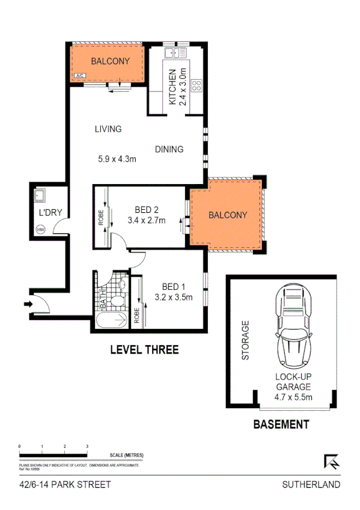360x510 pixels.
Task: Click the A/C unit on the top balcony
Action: coord(80,76)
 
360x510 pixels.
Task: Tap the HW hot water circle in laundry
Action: coord(41,229)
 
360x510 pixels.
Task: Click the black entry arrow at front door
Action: coord(27,305)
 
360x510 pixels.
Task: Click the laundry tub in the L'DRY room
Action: coord(41,196)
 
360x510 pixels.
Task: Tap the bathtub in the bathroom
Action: coord(111,320)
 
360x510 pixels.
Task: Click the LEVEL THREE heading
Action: coord(144,349)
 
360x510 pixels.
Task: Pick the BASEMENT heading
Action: coord(281,424)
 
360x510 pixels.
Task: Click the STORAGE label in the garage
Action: coord(245,340)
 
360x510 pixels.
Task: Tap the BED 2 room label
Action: coord(146,210)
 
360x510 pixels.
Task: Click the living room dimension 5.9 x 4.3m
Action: coord(118,159)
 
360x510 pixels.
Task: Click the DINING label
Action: coord(169,149)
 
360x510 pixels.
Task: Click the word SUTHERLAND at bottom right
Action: coord(311,484)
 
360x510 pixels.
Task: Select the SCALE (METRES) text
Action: coord(126,455)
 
